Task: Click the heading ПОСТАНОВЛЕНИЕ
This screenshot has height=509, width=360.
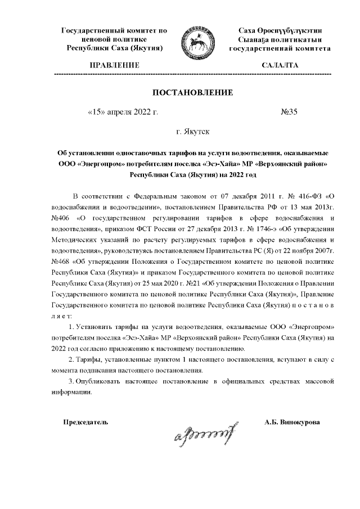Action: click(192, 92)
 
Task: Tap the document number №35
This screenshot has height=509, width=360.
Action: click(289, 111)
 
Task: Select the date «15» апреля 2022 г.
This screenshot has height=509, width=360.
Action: click(123, 111)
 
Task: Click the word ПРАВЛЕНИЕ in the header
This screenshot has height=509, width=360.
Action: click(115, 66)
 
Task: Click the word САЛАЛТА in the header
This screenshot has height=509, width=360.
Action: click(280, 66)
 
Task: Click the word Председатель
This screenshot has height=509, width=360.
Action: click(85, 422)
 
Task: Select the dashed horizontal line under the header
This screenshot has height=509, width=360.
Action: click(192, 74)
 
